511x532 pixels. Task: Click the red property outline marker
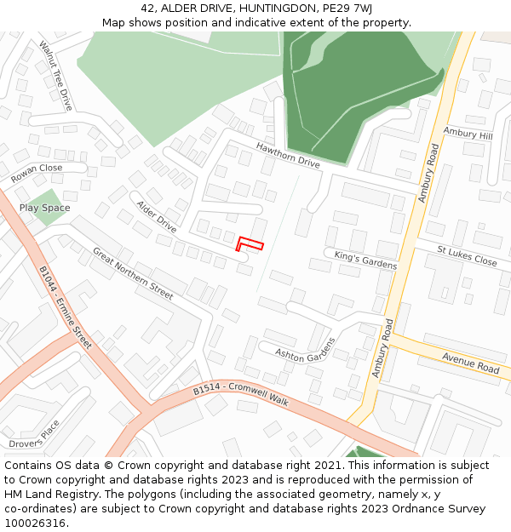(249, 243)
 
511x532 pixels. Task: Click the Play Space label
(44, 208)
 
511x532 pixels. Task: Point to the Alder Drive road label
(156, 216)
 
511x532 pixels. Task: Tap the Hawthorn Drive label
(288, 155)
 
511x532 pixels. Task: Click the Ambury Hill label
(468, 134)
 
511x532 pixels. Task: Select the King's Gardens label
(365, 260)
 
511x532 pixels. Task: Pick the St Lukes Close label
(467, 255)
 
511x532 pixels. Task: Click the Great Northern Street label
(133, 274)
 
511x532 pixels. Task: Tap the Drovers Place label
(34, 433)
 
